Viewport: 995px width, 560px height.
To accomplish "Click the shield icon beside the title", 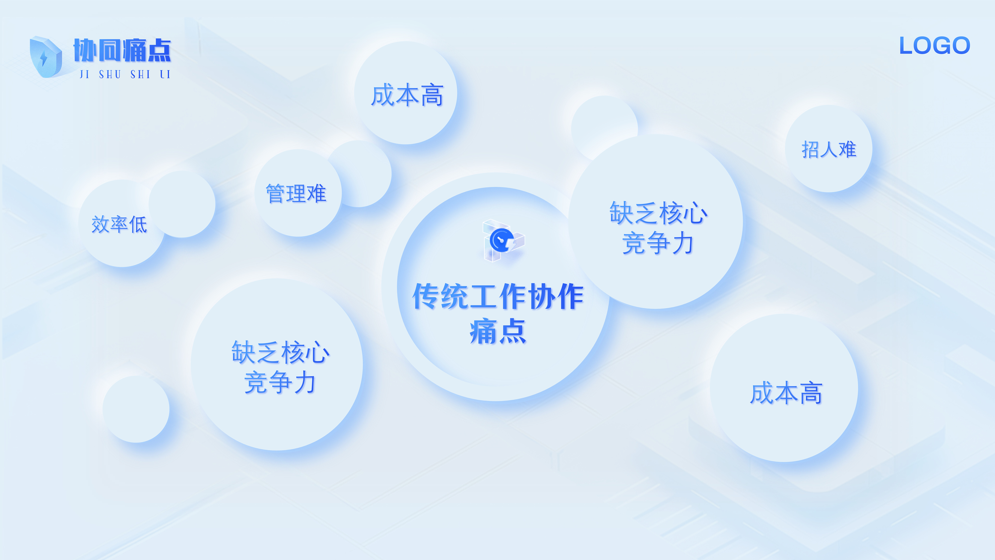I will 45,57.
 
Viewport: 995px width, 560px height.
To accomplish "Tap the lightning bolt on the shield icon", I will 44,58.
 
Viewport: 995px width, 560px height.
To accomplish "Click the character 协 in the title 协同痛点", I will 85,50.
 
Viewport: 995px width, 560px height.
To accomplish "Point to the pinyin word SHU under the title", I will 110,74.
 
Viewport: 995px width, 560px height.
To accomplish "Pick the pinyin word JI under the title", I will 84,74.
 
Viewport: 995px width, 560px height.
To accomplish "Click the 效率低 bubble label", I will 119,224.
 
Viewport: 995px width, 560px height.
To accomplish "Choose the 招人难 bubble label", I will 829,149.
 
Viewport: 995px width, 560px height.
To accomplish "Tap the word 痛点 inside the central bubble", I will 498,332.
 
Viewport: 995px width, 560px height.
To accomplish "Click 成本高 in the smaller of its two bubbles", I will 407,95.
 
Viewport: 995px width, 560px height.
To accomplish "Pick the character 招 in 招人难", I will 810,149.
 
